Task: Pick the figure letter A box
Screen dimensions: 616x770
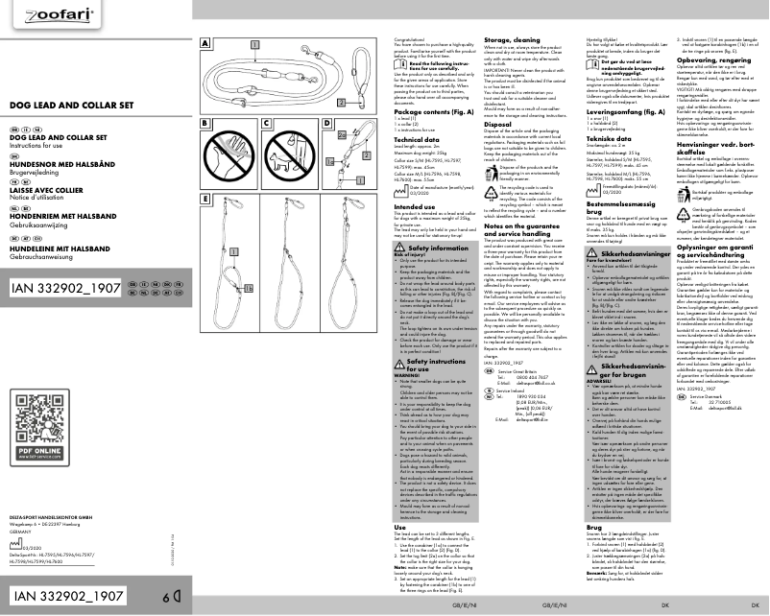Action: coord(205,43)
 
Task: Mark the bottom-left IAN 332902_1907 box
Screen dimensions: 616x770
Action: coord(67,596)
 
